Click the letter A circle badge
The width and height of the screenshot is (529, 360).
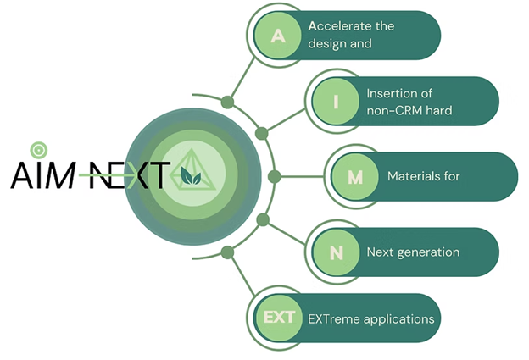coord(277,36)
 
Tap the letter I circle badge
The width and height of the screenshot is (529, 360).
coord(336,102)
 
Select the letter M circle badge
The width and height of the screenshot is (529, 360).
coord(356,177)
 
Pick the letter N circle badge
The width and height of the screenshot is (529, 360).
coord(336,252)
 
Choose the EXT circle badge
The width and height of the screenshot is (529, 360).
coord(278,318)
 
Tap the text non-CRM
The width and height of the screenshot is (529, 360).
coord(395,111)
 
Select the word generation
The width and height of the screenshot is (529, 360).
coord(429,252)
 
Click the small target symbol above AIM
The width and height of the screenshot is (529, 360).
coord(37,150)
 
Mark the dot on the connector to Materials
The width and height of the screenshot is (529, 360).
coord(273,177)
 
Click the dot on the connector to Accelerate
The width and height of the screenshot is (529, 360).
coord(227,102)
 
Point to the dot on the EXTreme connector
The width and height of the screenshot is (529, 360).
coord(226,252)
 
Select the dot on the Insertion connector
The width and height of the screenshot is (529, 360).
coord(261,133)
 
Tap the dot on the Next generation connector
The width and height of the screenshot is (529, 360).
coord(262,220)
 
